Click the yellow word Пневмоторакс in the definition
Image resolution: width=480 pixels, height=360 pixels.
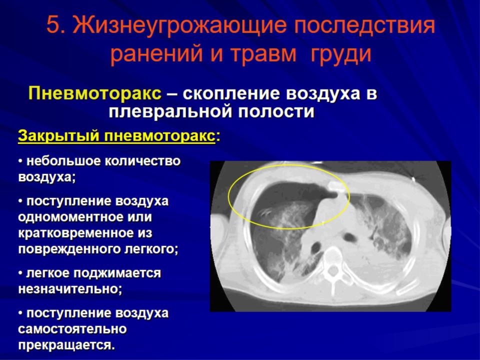pos(95,93)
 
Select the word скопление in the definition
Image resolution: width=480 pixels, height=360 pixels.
pos(231,93)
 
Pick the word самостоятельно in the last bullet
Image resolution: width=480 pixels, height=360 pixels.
pos(72,329)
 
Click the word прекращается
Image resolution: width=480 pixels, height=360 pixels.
pos(66,345)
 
